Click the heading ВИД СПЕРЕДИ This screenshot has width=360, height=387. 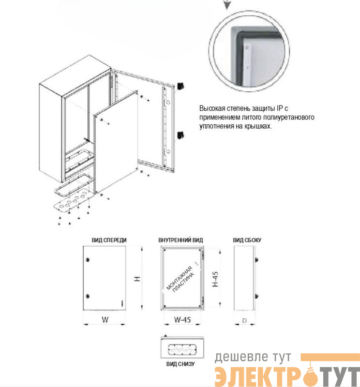[109, 240]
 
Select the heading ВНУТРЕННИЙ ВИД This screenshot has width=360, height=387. [180, 240]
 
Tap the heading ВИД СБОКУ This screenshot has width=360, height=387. [247, 240]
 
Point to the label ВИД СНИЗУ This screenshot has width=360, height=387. [180, 364]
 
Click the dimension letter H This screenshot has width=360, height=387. [137, 279]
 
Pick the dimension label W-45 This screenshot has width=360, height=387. [182, 320]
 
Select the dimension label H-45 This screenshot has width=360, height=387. [215, 279]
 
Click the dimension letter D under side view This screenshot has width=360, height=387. [244, 321]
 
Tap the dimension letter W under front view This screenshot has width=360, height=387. [105, 320]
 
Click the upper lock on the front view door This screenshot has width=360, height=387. [88, 260]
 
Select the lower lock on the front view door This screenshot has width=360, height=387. [88, 296]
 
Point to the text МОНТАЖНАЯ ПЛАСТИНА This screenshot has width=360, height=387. [181, 279]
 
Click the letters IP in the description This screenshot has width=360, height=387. [280, 108]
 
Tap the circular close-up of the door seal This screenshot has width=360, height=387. [249, 51]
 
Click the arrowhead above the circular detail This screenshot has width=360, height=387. [227, 5]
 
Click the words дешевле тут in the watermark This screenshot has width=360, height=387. [253, 357]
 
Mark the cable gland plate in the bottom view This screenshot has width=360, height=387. [182, 349]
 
